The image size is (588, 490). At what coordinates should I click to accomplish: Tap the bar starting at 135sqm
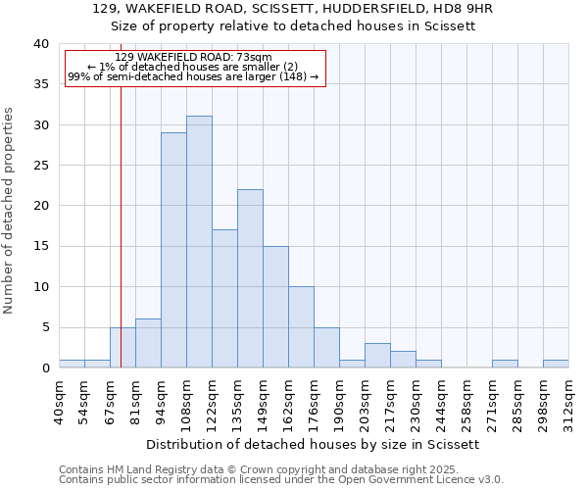tap(250, 278)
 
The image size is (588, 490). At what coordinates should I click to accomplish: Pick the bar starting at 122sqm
tap(224, 299)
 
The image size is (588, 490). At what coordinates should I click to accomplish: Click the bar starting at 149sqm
tap(275, 307)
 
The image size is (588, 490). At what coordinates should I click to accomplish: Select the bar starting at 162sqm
tap(301, 327)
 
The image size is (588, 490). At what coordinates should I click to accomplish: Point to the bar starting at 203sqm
tap(377, 356)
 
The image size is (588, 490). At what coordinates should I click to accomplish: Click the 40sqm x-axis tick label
tap(60, 401)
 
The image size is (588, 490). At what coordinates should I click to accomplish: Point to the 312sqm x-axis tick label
tap(569, 401)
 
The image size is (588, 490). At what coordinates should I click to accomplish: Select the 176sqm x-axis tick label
tap(315, 401)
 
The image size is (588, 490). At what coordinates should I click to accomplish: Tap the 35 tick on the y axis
tap(42, 84)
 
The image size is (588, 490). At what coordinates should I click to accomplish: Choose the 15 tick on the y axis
tap(42, 246)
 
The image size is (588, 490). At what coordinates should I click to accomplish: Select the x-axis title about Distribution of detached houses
tap(314, 444)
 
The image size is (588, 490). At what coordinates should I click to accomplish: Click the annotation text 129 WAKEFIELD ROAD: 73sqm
tap(193, 58)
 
